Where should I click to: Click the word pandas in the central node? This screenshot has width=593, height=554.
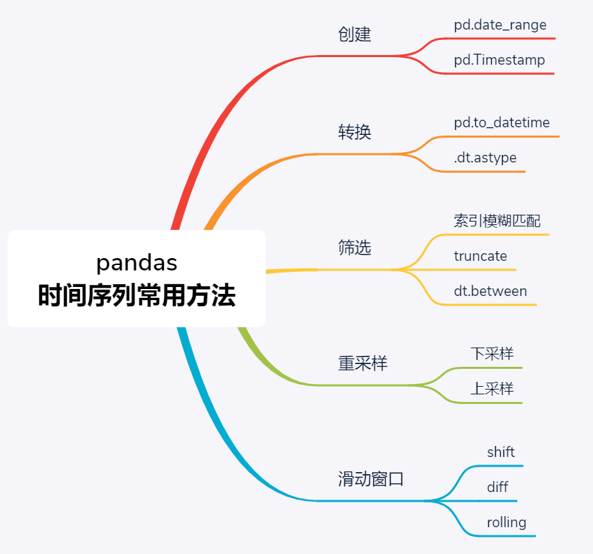coord(136,263)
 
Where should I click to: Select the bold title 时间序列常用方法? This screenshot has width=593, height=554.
coord(136,296)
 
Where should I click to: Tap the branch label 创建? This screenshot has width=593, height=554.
coord(355,34)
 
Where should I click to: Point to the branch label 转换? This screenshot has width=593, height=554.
coord(355,132)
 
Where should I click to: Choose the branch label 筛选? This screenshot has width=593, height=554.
coord(355,248)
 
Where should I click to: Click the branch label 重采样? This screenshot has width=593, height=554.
coord(363,363)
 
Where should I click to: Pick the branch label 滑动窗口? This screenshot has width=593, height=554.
coord(371,479)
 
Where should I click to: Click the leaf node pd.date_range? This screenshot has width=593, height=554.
coord(500,25)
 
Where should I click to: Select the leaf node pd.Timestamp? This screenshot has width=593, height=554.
coord(499,60)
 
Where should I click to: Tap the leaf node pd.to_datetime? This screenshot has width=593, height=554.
coord(501,122)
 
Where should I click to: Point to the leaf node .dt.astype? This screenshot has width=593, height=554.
coord(485,158)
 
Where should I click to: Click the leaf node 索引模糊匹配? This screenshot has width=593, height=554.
coord(497,221)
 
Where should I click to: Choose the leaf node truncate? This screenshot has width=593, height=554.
coord(480,256)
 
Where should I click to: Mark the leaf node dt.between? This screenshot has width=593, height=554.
coord(490,291)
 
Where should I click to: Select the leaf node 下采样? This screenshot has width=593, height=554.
coord(492,354)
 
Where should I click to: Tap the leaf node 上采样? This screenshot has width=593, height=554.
coord(492,388)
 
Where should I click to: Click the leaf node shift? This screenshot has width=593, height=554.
coord(501,452)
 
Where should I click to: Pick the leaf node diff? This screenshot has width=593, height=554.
coord(497,487)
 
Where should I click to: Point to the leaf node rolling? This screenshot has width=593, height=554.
coord(506,522)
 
